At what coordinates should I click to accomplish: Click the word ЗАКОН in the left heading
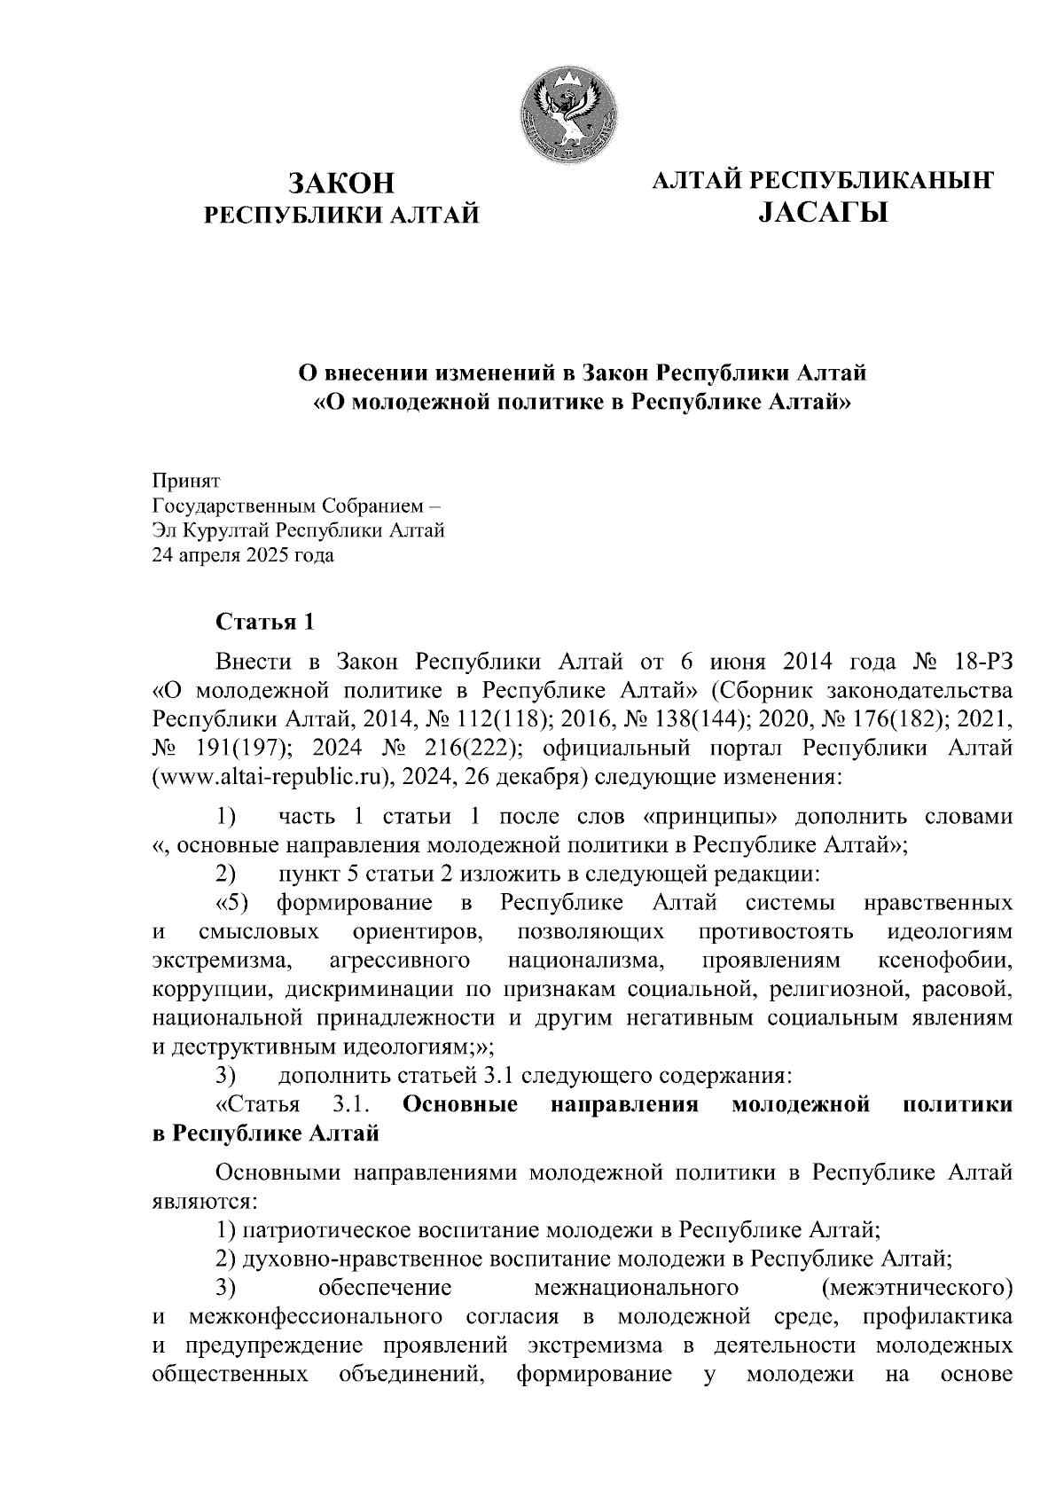point(340,184)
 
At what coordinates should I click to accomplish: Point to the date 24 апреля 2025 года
point(243,557)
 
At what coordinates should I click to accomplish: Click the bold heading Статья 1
point(265,622)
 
